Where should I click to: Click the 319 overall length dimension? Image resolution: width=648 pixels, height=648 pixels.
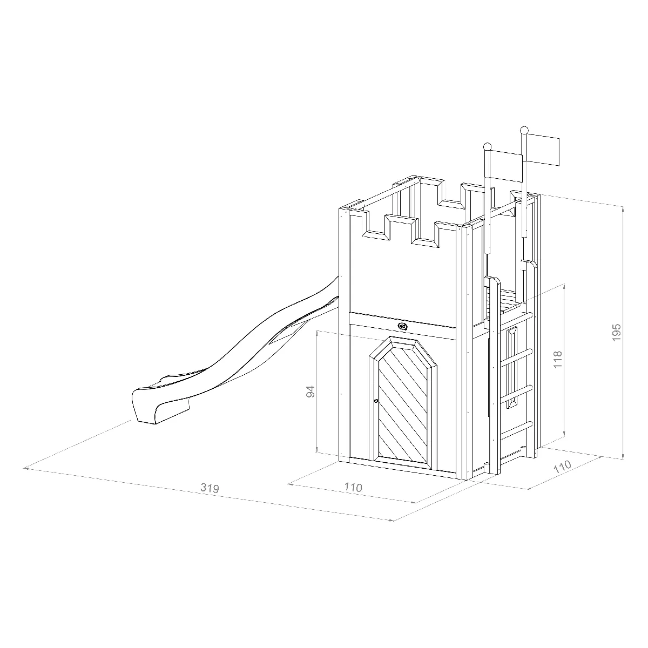pyautogui.click(x=210, y=488)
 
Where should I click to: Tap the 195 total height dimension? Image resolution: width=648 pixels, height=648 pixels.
pyautogui.click(x=616, y=333)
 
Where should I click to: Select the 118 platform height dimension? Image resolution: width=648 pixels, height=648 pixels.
pyautogui.click(x=557, y=359)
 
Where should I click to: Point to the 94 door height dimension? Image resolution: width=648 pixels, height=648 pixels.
pyautogui.click(x=310, y=391)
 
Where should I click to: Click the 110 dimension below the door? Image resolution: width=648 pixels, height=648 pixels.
pyautogui.click(x=353, y=487)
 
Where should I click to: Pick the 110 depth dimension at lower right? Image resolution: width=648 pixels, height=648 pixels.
pyautogui.click(x=563, y=467)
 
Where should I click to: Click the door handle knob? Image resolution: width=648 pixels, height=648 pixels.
pyautogui.click(x=376, y=401)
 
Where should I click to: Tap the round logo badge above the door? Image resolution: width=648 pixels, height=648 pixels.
pyautogui.click(x=403, y=326)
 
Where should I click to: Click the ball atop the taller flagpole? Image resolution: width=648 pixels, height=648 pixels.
pyautogui.click(x=524, y=130)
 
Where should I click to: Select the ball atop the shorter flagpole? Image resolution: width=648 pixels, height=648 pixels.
pyautogui.click(x=487, y=147)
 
